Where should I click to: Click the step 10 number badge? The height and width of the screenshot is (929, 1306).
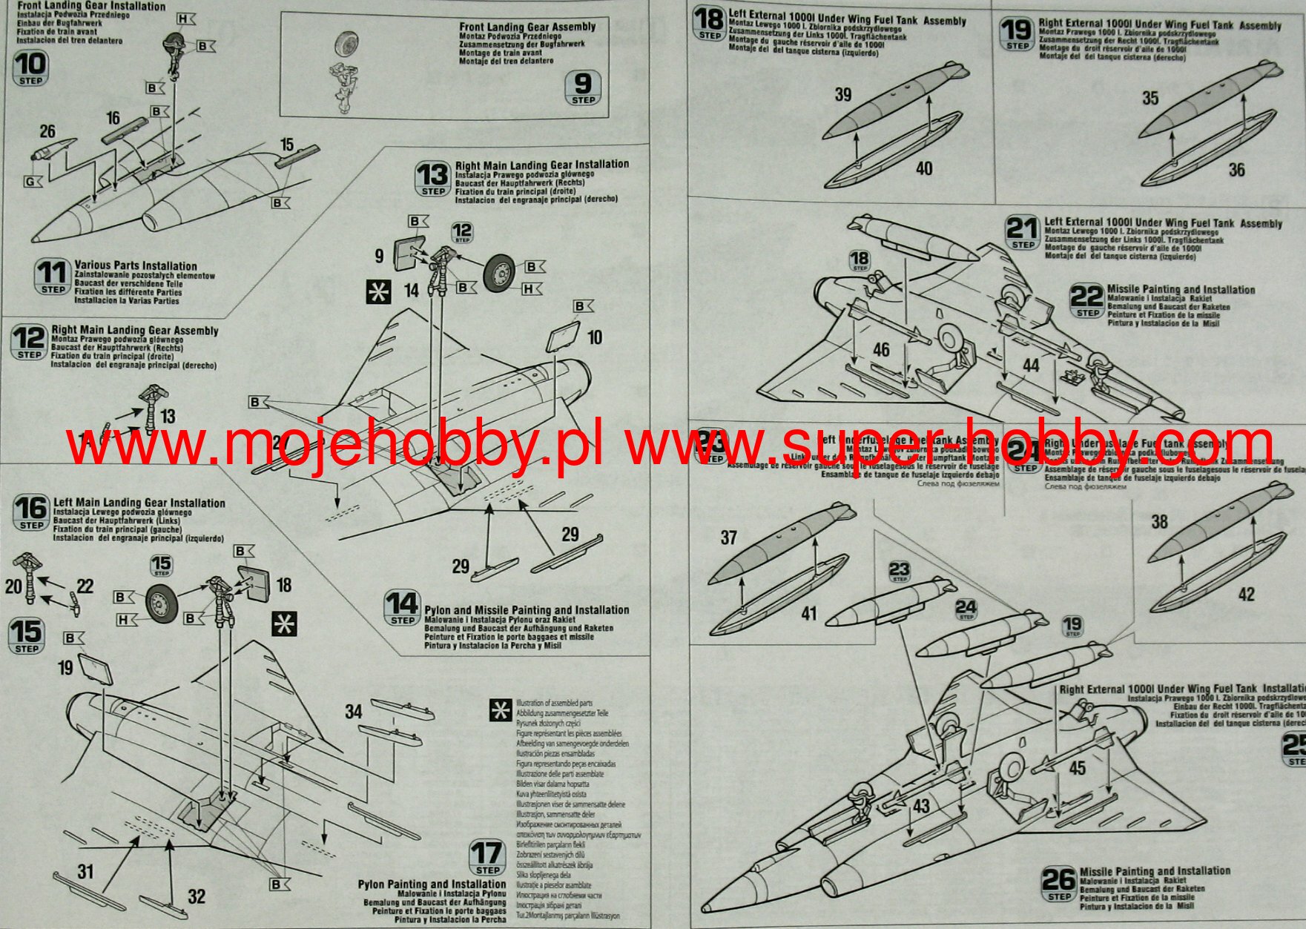(x=30, y=69)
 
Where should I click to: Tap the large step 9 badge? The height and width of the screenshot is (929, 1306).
(x=584, y=88)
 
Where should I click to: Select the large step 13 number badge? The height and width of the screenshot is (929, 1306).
(x=432, y=179)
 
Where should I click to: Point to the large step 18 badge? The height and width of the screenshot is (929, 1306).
(x=709, y=24)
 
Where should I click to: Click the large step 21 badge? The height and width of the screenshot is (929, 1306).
(x=1023, y=232)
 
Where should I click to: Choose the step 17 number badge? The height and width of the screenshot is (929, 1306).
(x=487, y=859)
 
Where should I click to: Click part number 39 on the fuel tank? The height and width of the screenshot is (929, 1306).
(x=843, y=95)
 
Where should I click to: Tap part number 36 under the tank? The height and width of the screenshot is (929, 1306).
(x=1236, y=170)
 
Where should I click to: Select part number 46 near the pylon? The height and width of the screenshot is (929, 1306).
(x=881, y=349)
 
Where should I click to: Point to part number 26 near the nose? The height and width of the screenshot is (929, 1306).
(x=47, y=131)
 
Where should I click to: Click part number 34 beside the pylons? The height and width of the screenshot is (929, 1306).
(x=353, y=712)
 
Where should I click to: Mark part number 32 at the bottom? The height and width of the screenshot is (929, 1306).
(x=196, y=896)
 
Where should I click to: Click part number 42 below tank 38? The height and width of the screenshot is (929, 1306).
(x=1247, y=594)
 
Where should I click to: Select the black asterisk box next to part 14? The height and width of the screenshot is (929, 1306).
(x=379, y=291)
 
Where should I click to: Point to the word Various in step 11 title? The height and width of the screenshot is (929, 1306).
(x=92, y=265)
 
